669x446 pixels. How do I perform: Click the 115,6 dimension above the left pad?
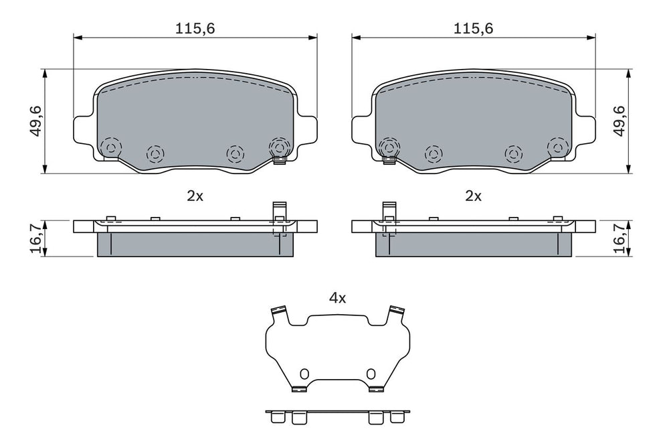tap(195, 29)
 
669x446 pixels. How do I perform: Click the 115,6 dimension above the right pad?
tap(473, 29)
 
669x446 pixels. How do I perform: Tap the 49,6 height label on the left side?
tap(36, 121)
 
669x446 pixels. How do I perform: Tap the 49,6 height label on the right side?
tap(619, 121)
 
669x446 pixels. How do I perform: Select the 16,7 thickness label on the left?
tap(36, 238)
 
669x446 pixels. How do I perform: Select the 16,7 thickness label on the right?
tap(619, 238)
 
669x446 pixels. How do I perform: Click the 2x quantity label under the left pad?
tap(195, 196)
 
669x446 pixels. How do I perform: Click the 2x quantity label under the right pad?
tap(473, 196)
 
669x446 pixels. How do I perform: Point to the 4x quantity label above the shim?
tap(337, 298)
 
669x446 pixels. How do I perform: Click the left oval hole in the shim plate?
tap(304, 374)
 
